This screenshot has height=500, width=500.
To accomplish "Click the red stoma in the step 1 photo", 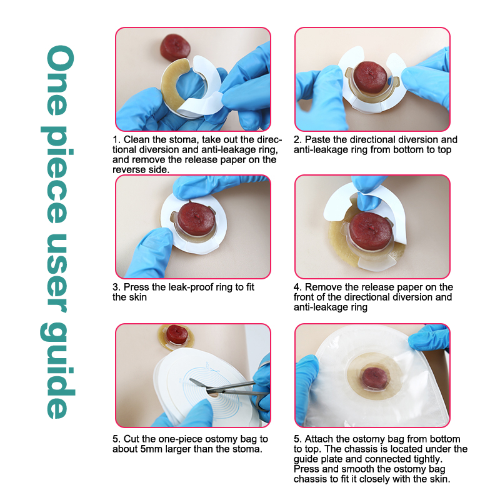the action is pyautogui.click(x=175, y=47).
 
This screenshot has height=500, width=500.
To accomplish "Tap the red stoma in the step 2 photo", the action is pyautogui.click(x=370, y=77).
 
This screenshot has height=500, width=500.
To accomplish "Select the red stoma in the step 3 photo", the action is pyautogui.click(x=196, y=219).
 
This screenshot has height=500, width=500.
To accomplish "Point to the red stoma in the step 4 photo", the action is pyautogui.click(x=371, y=231).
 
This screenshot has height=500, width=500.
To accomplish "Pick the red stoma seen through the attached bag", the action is pyautogui.click(x=374, y=378).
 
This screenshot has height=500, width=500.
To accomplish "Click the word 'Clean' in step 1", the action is pyautogui.click(x=136, y=139).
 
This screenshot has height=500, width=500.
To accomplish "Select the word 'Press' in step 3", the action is pyautogui.click(x=136, y=287).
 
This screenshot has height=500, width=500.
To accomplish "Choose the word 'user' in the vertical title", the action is pyautogui.click(x=57, y=273).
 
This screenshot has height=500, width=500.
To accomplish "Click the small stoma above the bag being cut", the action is pyautogui.click(x=177, y=334).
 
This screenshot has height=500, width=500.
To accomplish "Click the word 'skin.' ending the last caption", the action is pyautogui.click(x=440, y=479).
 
